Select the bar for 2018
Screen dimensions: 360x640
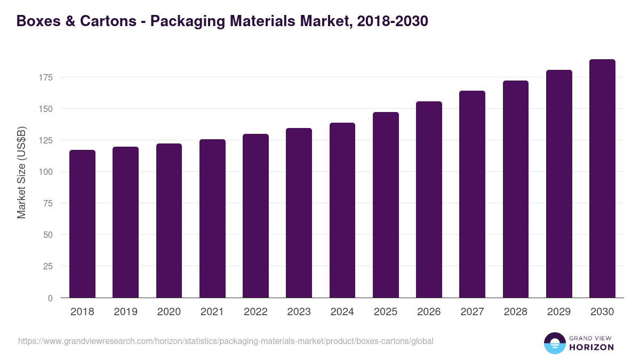click(x=82, y=224)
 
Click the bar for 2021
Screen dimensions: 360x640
click(x=212, y=219)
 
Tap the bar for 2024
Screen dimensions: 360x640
click(x=342, y=211)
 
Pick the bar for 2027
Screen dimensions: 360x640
click(x=472, y=195)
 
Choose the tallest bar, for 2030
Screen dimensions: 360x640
click(x=602, y=179)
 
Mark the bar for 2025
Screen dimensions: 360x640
click(x=386, y=205)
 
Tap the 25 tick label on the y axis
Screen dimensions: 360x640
click(x=48, y=266)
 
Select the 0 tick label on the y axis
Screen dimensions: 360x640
click(x=50, y=298)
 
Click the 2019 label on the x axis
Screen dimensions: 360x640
click(x=125, y=312)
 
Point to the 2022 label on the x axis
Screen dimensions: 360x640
click(x=255, y=312)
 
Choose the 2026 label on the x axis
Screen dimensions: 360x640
click(x=429, y=312)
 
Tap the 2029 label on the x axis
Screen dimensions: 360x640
click(x=559, y=312)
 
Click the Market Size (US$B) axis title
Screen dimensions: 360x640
click(x=21, y=172)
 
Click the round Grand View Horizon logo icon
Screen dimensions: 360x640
click(x=554, y=343)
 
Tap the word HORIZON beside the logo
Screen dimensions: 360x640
click(x=591, y=347)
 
